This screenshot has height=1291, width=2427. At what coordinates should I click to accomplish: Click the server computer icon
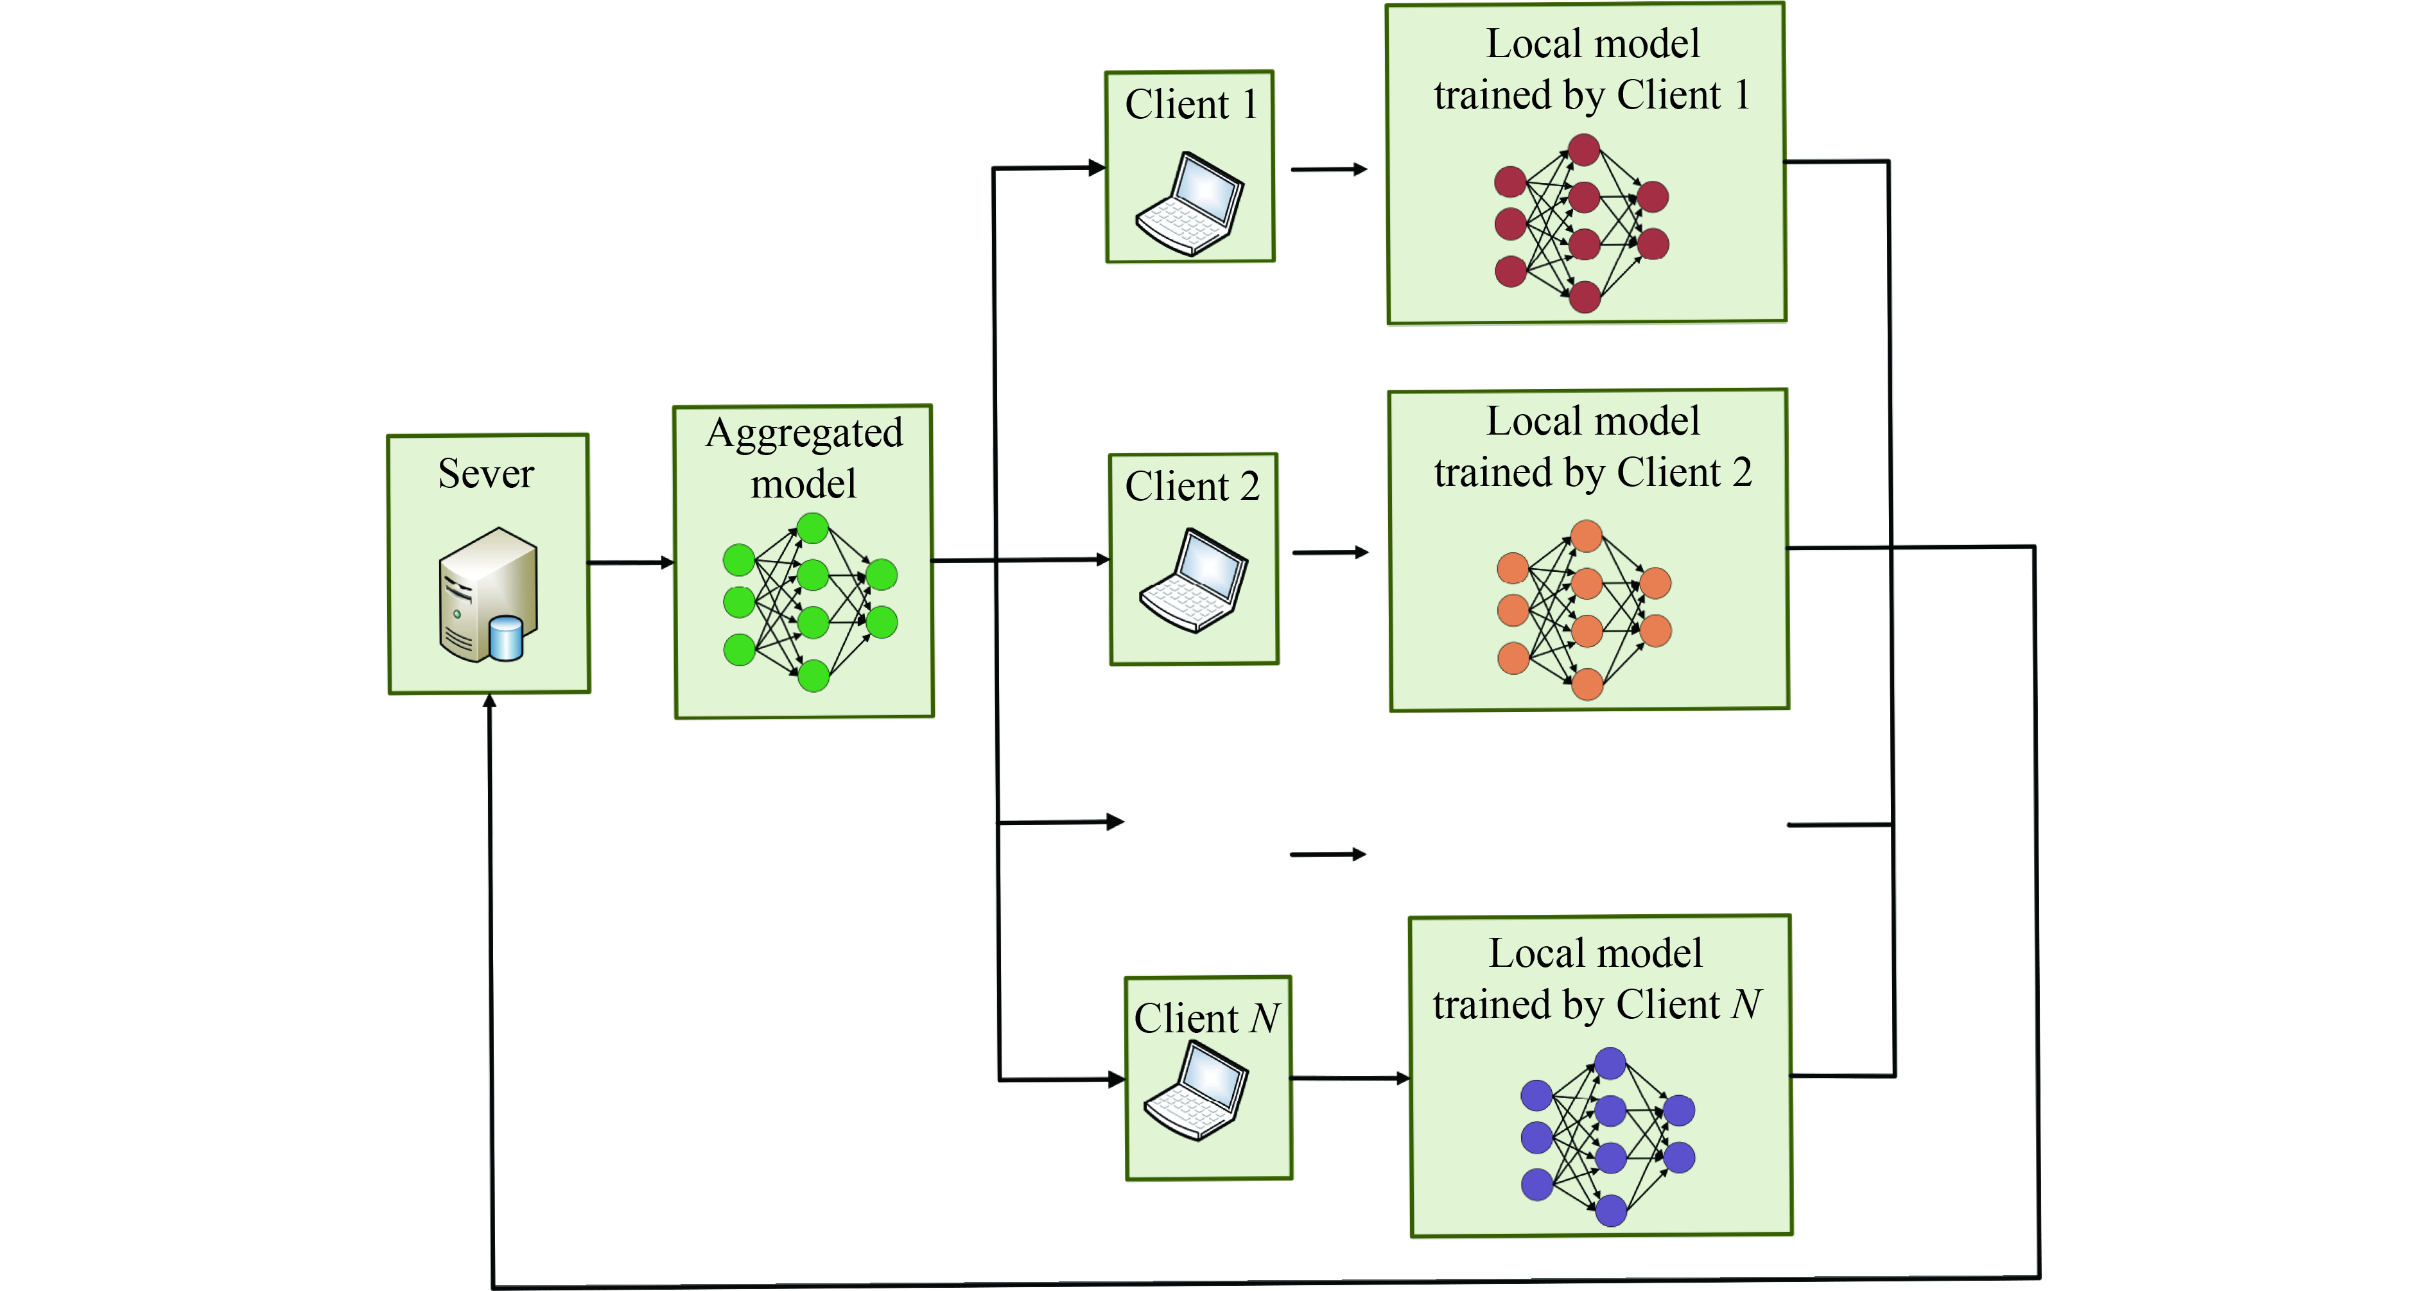point(488,596)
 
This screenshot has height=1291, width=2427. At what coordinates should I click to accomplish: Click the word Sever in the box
point(485,474)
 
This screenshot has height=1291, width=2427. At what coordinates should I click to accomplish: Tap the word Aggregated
point(804,433)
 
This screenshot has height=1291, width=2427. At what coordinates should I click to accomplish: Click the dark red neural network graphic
point(1582,223)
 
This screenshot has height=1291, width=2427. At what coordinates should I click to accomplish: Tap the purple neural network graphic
point(1607,1136)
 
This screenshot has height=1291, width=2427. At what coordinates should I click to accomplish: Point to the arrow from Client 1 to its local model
point(1328,169)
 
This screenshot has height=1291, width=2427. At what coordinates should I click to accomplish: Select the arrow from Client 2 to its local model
point(1330,552)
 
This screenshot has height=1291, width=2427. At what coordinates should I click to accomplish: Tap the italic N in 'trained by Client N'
point(1746,1005)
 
